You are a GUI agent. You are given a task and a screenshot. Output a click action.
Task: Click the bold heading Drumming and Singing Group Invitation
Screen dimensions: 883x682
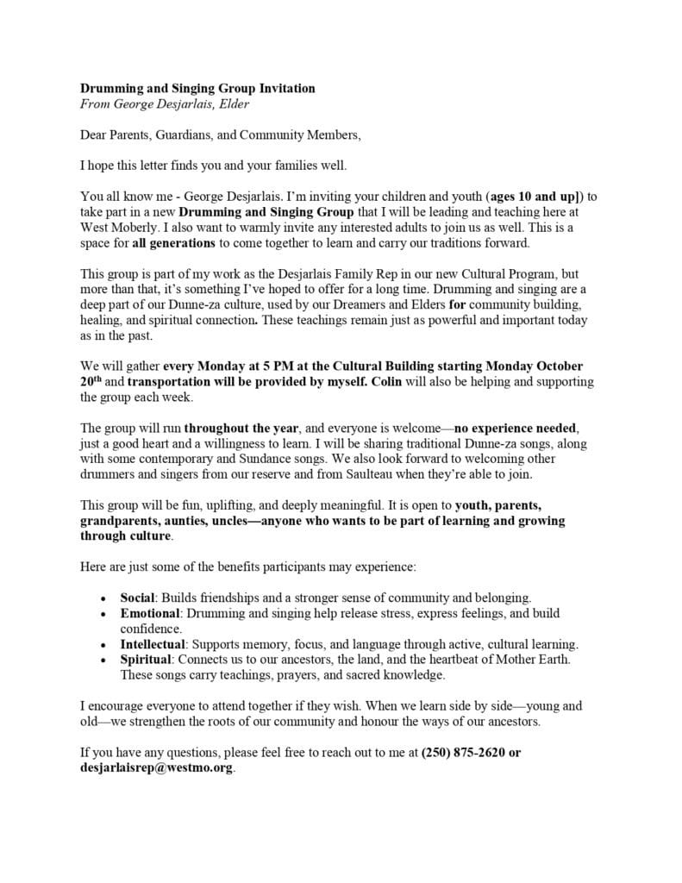[x=197, y=88]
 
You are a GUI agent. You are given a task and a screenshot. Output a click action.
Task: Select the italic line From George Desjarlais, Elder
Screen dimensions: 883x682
[x=166, y=103]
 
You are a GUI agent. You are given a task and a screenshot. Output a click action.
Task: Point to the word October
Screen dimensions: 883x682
[x=560, y=366]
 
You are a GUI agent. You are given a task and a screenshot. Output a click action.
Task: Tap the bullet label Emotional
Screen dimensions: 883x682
[x=149, y=613]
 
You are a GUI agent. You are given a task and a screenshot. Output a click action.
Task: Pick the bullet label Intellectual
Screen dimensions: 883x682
[x=153, y=644]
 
